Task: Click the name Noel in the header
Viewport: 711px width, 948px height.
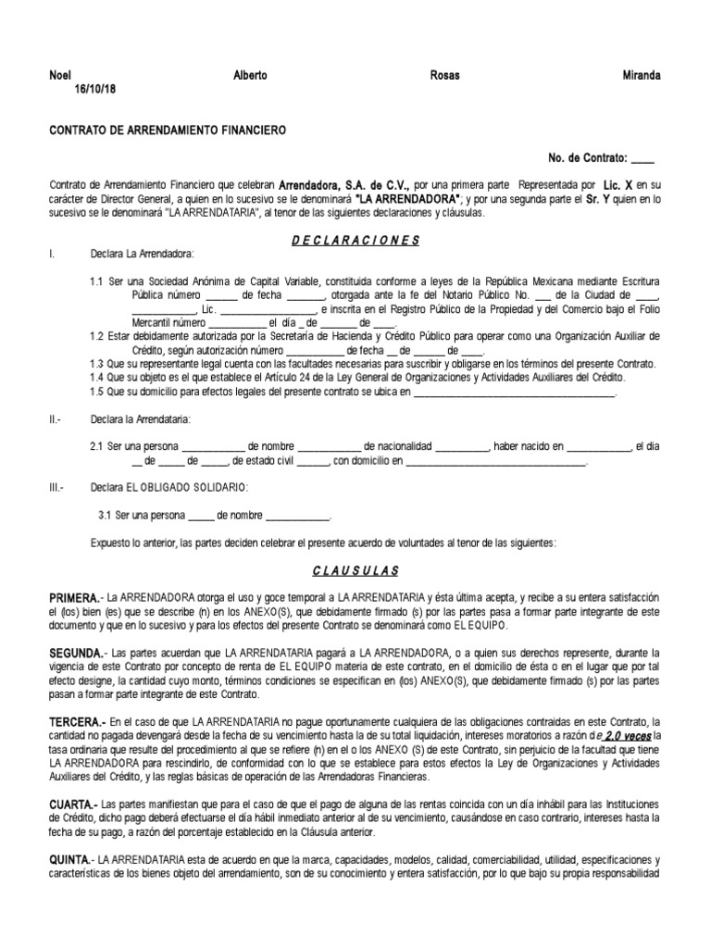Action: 59,76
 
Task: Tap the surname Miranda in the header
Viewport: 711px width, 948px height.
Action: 641,76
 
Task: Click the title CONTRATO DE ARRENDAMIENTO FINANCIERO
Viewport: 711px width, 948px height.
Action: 168,131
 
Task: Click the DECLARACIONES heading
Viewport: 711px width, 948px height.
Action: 355,241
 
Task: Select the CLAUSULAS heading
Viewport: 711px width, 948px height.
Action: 355,571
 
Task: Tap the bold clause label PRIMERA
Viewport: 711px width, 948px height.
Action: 73,599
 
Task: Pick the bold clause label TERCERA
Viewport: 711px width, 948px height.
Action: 76,721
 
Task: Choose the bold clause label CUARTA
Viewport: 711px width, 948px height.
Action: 71,805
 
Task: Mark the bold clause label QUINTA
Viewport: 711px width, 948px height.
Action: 70,861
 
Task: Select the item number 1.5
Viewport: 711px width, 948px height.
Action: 97,392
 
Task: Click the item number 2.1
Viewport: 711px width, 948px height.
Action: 97,446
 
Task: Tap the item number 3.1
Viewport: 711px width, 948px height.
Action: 105,516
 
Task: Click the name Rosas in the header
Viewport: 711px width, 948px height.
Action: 445,76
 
